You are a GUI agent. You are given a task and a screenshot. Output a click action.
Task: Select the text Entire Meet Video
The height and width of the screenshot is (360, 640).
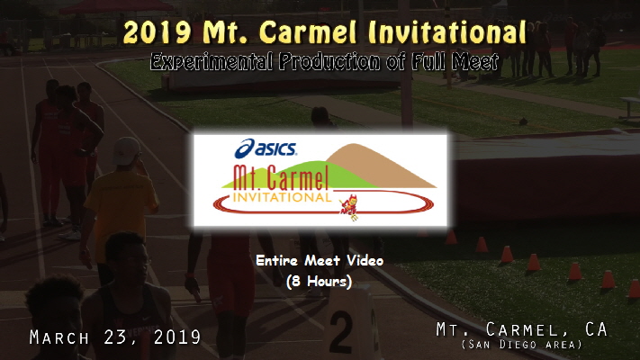pyautogui.click(x=320, y=261)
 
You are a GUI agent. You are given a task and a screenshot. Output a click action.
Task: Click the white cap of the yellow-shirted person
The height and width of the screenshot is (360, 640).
pyautogui.click(x=127, y=148)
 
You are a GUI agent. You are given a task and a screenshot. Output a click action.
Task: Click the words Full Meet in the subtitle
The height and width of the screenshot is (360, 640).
pyautogui.click(x=451, y=63)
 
